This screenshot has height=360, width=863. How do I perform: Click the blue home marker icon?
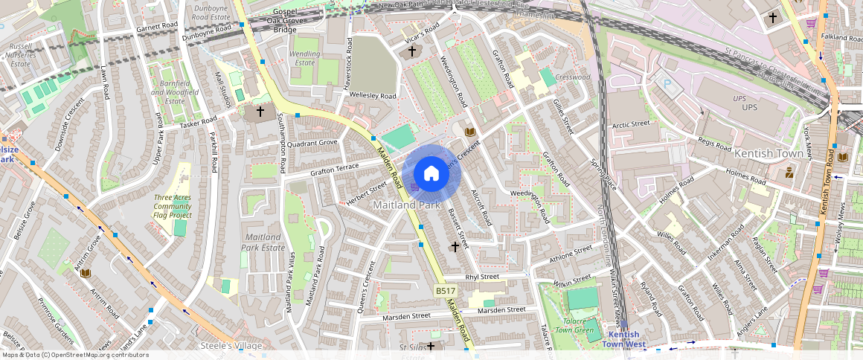[x=431, y=174]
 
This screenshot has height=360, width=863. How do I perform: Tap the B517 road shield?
[x=445, y=291]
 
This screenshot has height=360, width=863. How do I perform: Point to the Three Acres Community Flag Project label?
[x=173, y=206]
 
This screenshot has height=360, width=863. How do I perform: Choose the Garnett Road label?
[x=158, y=28]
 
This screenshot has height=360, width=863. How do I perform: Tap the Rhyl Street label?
[x=481, y=277]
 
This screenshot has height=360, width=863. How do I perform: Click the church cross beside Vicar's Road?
[x=412, y=51]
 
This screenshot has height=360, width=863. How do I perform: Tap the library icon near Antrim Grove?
[x=85, y=273]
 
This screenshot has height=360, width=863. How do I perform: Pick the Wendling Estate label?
[x=305, y=58]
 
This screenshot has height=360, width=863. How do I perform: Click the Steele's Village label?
[x=231, y=346]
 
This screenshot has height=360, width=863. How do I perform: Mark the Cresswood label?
[x=573, y=77]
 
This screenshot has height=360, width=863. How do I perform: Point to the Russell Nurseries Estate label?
[x=21, y=55]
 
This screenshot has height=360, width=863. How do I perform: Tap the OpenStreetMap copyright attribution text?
[x=74, y=355]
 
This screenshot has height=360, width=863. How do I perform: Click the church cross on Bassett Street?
[x=455, y=245]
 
